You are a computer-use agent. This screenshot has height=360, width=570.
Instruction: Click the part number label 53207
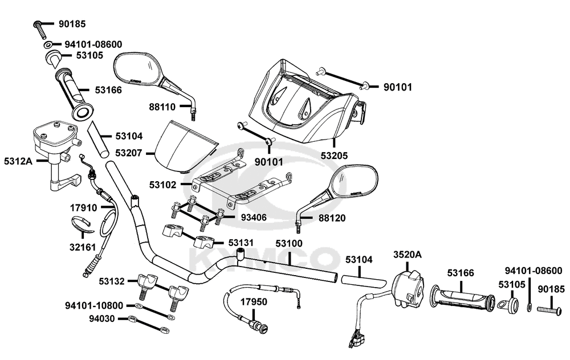click(129, 153)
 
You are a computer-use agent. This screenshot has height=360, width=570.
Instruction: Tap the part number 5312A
click(18, 161)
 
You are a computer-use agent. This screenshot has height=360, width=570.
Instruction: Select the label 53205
click(334, 156)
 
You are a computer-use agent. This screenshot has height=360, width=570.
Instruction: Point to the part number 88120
click(332, 218)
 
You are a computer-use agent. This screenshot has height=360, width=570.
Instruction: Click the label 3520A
click(408, 254)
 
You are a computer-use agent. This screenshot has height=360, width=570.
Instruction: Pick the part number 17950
click(254, 301)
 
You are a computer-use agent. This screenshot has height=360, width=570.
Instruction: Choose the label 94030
click(102, 318)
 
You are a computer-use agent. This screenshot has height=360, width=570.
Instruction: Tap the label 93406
click(254, 218)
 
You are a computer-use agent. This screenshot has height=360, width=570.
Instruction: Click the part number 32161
click(83, 247)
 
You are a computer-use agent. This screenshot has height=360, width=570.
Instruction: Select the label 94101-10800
click(94, 305)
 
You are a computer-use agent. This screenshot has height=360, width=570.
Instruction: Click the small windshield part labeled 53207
click(185, 146)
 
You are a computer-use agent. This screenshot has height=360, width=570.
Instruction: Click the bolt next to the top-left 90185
click(40, 30)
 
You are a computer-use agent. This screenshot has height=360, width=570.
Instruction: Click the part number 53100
click(289, 243)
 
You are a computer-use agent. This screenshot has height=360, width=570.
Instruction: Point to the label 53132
click(112, 281)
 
